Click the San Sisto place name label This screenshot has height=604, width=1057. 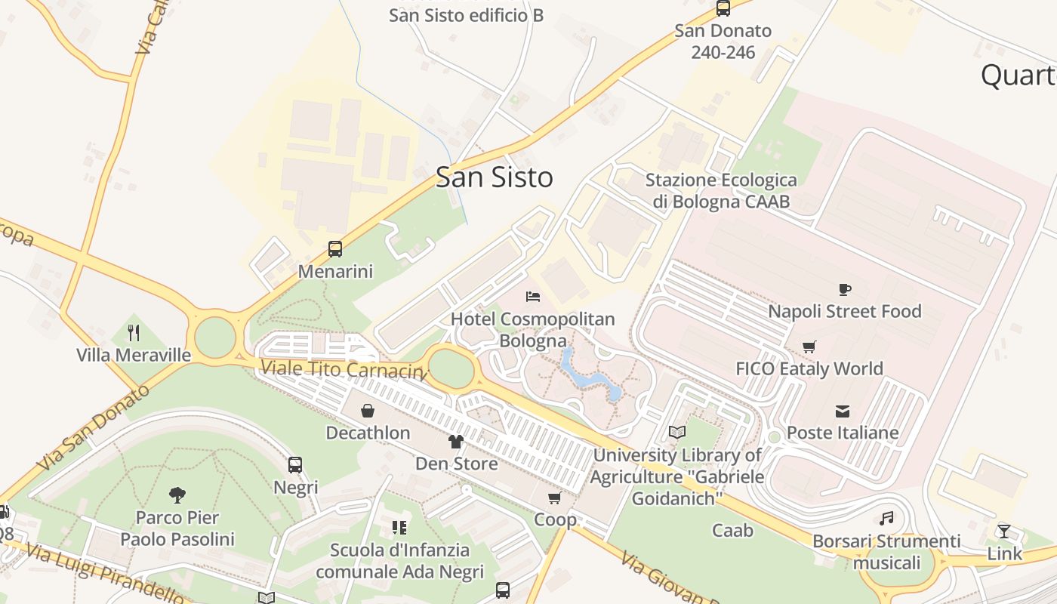click(494, 177)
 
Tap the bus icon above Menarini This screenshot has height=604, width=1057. click(335, 248)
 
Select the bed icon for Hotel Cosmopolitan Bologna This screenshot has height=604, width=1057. click(533, 296)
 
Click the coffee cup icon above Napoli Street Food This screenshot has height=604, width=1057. click(845, 289)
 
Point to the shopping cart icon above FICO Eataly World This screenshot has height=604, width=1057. click(809, 347)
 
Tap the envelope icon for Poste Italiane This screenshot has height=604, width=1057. click(843, 411)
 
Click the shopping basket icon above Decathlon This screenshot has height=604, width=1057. click(368, 411)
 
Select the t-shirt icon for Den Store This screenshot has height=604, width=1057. click(456, 442)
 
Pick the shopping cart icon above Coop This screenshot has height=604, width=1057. click(555, 498)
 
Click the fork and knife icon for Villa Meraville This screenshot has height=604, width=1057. click(134, 332)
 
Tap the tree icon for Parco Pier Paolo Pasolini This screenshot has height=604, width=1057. click(177, 495)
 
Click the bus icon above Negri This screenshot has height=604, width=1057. click(295, 465)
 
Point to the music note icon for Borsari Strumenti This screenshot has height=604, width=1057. click(887, 519)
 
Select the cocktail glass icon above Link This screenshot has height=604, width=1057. click(1004, 531)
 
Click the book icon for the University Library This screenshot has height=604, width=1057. click(676, 433)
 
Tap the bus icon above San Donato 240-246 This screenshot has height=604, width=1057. click(723, 8)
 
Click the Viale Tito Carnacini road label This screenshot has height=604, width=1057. click(343, 370)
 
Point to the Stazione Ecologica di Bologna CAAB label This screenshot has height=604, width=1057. click(720, 190)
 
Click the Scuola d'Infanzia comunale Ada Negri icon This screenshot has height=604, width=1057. click(399, 527)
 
